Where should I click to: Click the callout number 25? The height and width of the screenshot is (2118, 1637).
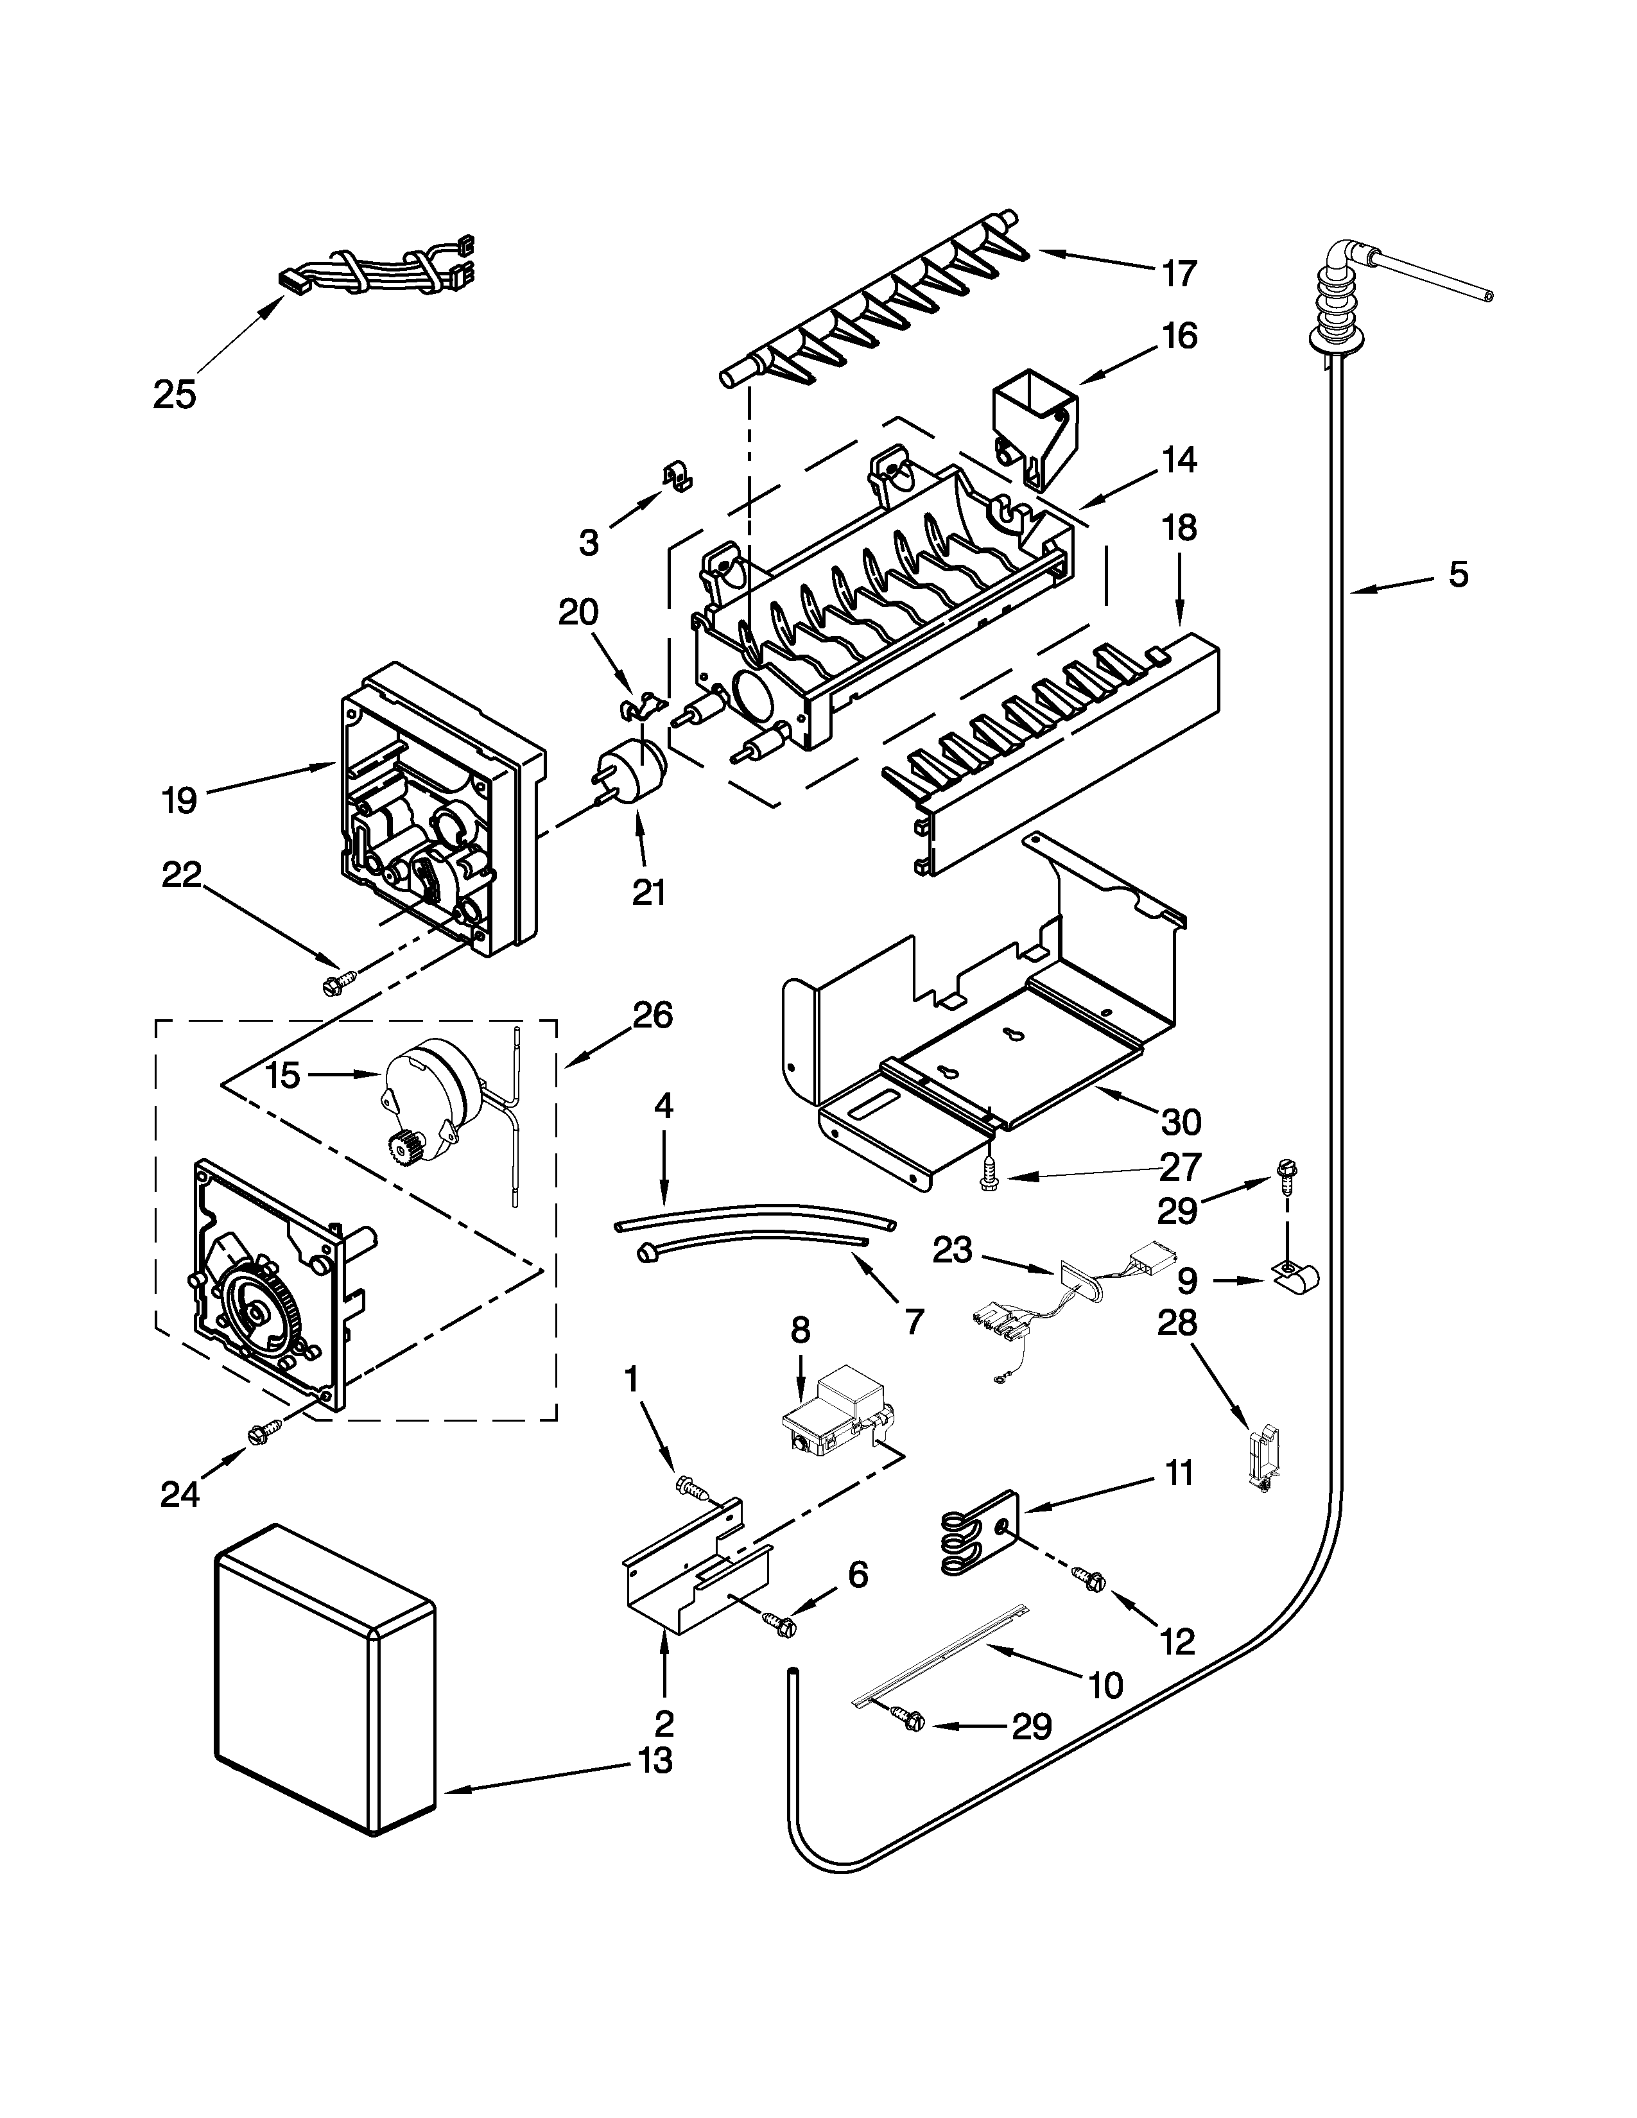[x=175, y=395]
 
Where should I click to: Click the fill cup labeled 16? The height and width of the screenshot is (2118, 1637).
[x=1034, y=424]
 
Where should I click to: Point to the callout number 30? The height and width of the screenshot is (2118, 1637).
[x=1181, y=1122]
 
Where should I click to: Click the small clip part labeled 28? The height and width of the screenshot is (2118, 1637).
[x=1261, y=1458]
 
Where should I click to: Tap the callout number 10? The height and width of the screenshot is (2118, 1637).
[x=1105, y=1685]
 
